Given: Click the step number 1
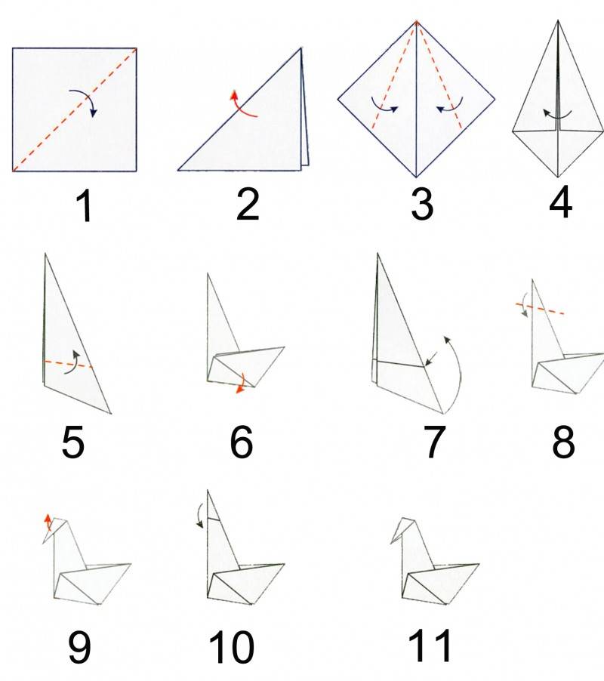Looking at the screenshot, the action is (85, 207).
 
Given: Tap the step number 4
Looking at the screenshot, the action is (560, 202).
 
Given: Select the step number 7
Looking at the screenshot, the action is (434, 442).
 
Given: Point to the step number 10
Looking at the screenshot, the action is (231, 647).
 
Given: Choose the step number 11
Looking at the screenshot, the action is (429, 646).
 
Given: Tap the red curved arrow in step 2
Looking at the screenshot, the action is (242, 106).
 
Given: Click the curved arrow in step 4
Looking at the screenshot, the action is (557, 115).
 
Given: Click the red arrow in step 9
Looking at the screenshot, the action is (48, 522).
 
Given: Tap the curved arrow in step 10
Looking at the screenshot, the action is (199, 515).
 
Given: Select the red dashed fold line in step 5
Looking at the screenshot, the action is (68, 364).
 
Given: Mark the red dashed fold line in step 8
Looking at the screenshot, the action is (540, 309).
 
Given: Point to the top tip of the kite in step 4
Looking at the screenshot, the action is (558, 20).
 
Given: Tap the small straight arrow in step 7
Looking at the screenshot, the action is (431, 359).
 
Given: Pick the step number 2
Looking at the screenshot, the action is (247, 204).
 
